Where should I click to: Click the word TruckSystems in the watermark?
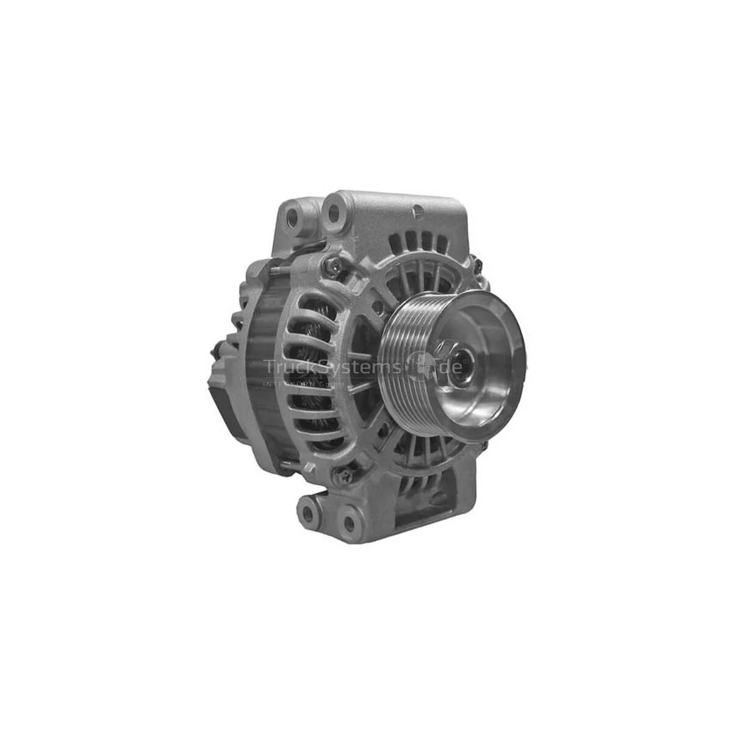[x=332, y=367]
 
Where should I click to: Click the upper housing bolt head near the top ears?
[x=334, y=265]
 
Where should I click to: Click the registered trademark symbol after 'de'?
[x=467, y=361]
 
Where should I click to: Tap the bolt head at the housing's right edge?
[x=477, y=264]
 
